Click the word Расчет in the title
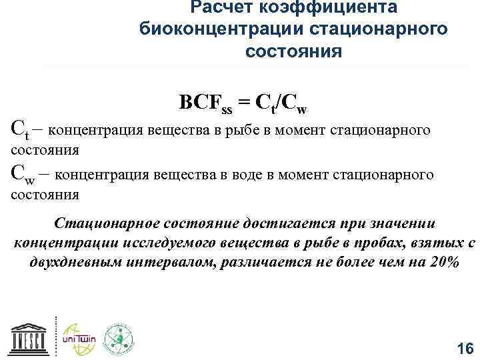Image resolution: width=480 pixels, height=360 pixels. pyautogui.click(x=213, y=7)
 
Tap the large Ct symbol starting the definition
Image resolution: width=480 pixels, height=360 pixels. pyautogui.click(x=21, y=127)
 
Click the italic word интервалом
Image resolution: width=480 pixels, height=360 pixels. pyautogui.click(x=201, y=262)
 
